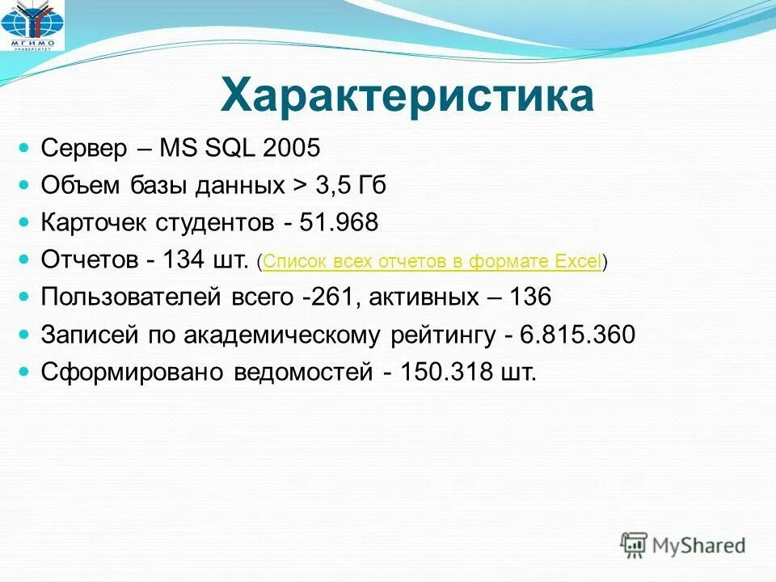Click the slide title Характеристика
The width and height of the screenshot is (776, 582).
pyautogui.click(x=407, y=96)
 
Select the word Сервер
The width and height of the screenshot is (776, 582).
pyautogui.click(x=84, y=149)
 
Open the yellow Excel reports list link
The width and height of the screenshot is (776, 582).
pyautogui.click(x=432, y=261)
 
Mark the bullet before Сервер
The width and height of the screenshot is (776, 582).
pyautogui.click(x=25, y=149)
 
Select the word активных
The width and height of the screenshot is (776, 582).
pyautogui.click(x=424, y=297)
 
